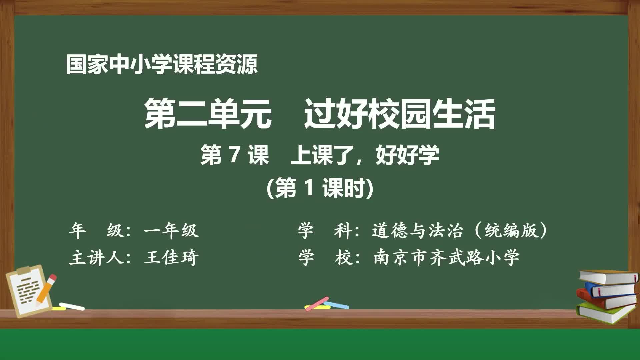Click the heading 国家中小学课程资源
pyautogui.click(x=162, y=64)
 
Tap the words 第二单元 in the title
pyautogui.click(x=208, y=114)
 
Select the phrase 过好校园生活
pyautogui.click(x=399, y=114)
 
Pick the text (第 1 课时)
pyautogui.click(x=320, y=188)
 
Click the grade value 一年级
pyautogui.click(x=171, y=230)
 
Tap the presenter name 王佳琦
pyautogui.click(x=171, y=258)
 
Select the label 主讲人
pyautogui.click(x=97, y=258)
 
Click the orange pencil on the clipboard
pyautogui.click(x=46, y=289)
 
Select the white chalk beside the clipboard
pyautogui.click(x=72, y=306)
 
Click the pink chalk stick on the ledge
pyautogui.click(x=317, y=303)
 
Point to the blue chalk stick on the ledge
pyautogui.click(x=337, y=305)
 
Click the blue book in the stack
pyautogui.click(x=610, y=289)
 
